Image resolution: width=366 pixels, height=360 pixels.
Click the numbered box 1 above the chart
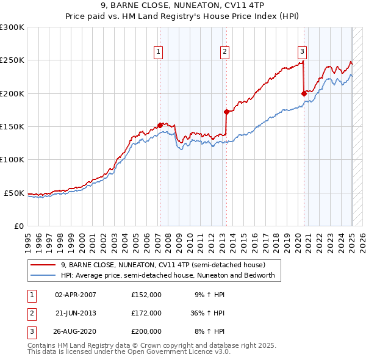[159, 52]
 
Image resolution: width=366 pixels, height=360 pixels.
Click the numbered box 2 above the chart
[224, 52]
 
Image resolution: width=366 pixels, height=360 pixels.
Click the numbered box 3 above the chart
[302, 52]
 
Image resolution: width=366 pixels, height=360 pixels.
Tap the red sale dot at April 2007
[160, 125]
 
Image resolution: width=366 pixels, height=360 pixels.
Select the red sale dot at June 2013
[226, 112]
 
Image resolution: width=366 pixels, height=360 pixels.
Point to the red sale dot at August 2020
[303, 93]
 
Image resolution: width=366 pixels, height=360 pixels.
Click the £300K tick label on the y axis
[12, 27]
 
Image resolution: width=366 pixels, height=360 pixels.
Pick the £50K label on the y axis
[14, 193]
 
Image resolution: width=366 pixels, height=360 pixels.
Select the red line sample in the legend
[42, 265]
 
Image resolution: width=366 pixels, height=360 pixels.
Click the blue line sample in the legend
[42, 275]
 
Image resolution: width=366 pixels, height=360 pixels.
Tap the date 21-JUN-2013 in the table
[76, 313]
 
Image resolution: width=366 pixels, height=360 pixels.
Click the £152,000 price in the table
[146, 295]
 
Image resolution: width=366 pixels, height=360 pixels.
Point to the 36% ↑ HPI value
[207, 313]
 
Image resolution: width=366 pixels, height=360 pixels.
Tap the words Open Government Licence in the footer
[180, 352]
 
